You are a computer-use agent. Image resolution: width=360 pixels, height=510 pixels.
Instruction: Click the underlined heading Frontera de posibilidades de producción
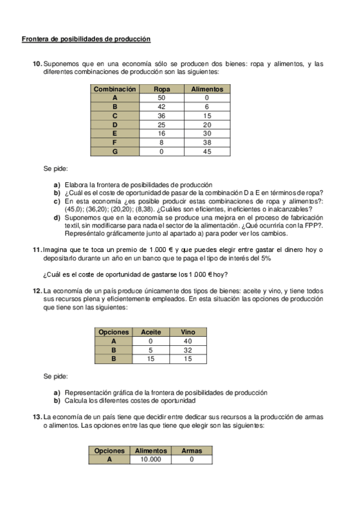86,39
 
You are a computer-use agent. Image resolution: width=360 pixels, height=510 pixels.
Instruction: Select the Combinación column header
114,89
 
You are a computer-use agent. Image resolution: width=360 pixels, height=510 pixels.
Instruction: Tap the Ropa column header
162,89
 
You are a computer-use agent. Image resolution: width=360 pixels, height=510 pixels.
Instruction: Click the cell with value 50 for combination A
162,97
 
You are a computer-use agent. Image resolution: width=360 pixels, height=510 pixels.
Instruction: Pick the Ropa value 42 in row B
162,106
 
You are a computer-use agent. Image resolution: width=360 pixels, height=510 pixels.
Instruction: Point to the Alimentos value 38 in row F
207,143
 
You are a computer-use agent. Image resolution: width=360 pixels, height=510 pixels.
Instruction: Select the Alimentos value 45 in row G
207,152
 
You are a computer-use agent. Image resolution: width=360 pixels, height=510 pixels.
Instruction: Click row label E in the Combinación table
114,134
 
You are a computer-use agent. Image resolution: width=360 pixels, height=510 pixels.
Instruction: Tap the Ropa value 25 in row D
162,125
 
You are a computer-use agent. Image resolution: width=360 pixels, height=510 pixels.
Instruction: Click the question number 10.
37,64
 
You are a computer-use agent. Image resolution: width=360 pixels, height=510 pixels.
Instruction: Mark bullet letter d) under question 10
57,218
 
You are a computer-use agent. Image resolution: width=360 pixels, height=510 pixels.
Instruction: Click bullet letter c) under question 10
57,201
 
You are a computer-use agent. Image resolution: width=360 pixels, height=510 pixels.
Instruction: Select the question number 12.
37,291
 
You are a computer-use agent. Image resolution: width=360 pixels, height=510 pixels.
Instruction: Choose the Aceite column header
150,332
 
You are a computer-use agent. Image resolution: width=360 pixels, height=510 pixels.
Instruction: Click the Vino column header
188,332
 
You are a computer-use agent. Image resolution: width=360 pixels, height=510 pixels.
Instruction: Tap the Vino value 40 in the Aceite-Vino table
188,341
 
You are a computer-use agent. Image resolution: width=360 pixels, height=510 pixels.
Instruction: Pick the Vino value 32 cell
188,350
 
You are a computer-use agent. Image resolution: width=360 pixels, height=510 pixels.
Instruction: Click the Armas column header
192,450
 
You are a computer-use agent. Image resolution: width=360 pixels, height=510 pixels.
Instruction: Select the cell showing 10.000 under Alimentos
151,459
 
